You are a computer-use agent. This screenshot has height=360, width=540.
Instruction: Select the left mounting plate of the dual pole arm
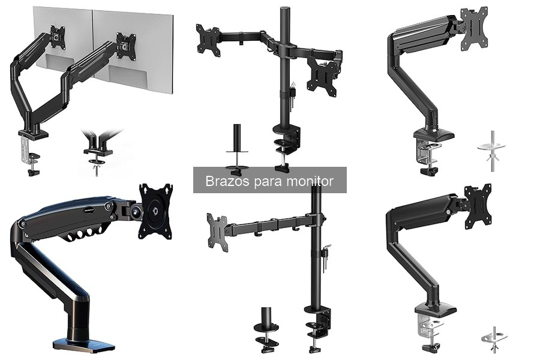point(208,40)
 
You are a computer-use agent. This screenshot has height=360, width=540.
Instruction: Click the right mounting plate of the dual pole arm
point(322,76)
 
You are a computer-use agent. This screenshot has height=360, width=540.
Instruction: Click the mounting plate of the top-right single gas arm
point(474,28)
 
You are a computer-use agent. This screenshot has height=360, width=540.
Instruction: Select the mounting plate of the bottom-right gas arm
point(478,206)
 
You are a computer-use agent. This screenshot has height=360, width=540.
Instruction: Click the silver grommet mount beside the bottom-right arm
point(494,338)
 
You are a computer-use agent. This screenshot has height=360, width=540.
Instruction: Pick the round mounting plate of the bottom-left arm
point(155,211)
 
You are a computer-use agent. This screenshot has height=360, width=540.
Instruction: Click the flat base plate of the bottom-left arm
point(83,343)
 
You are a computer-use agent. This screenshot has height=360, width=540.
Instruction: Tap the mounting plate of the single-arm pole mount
point(217,233)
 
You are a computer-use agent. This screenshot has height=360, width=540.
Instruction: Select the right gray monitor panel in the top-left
point(133,52)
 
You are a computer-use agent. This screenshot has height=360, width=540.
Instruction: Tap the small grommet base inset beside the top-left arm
point(98,152)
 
